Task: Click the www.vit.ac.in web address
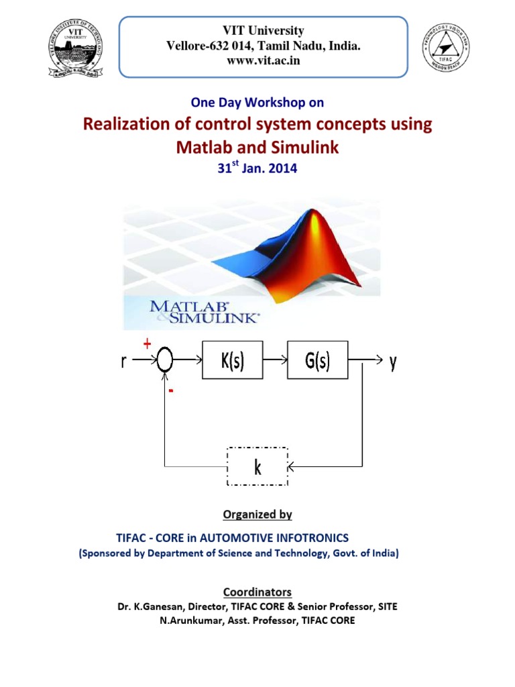click(x=263, y=60)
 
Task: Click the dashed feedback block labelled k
click(x=257, y=466)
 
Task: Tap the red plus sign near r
click(x=147, y=344)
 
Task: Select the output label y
click(x=393, y=362)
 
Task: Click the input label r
click(x=123, y=362)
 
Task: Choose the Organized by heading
click(x=257, y=515)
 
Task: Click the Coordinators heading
click(x=257, y=592)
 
